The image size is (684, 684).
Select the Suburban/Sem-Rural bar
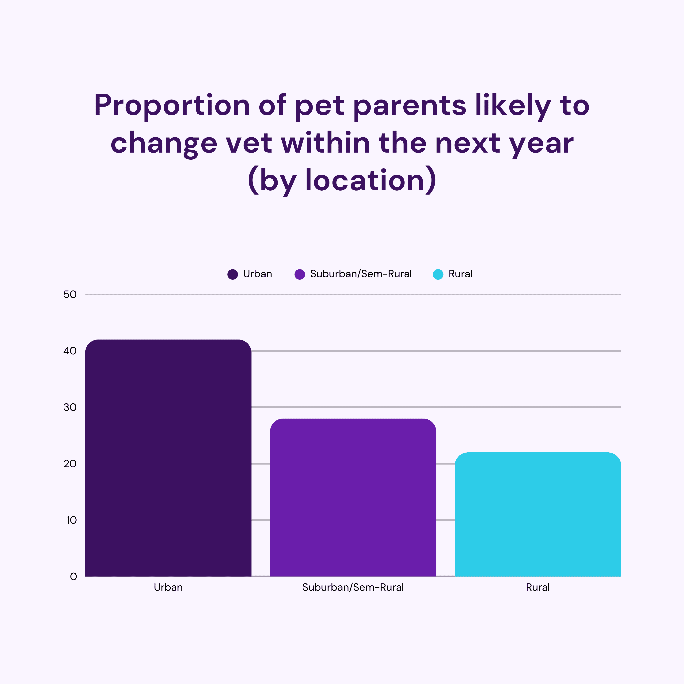point(353,496)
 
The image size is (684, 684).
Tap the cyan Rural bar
point(538,513)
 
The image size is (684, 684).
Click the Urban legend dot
point(233,274)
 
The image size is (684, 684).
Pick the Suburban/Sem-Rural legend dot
point(299,274)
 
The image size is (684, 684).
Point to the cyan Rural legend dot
point(438,274)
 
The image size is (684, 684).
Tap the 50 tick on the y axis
point(70,294)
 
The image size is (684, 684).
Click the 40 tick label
point(70,351)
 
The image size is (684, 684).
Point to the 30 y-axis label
point(70,407)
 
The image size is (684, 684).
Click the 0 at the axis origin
point(73,577)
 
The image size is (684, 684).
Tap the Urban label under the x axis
point(168,587)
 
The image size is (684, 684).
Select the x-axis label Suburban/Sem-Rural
point(353,587)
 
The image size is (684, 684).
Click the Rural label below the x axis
point(538,587)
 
